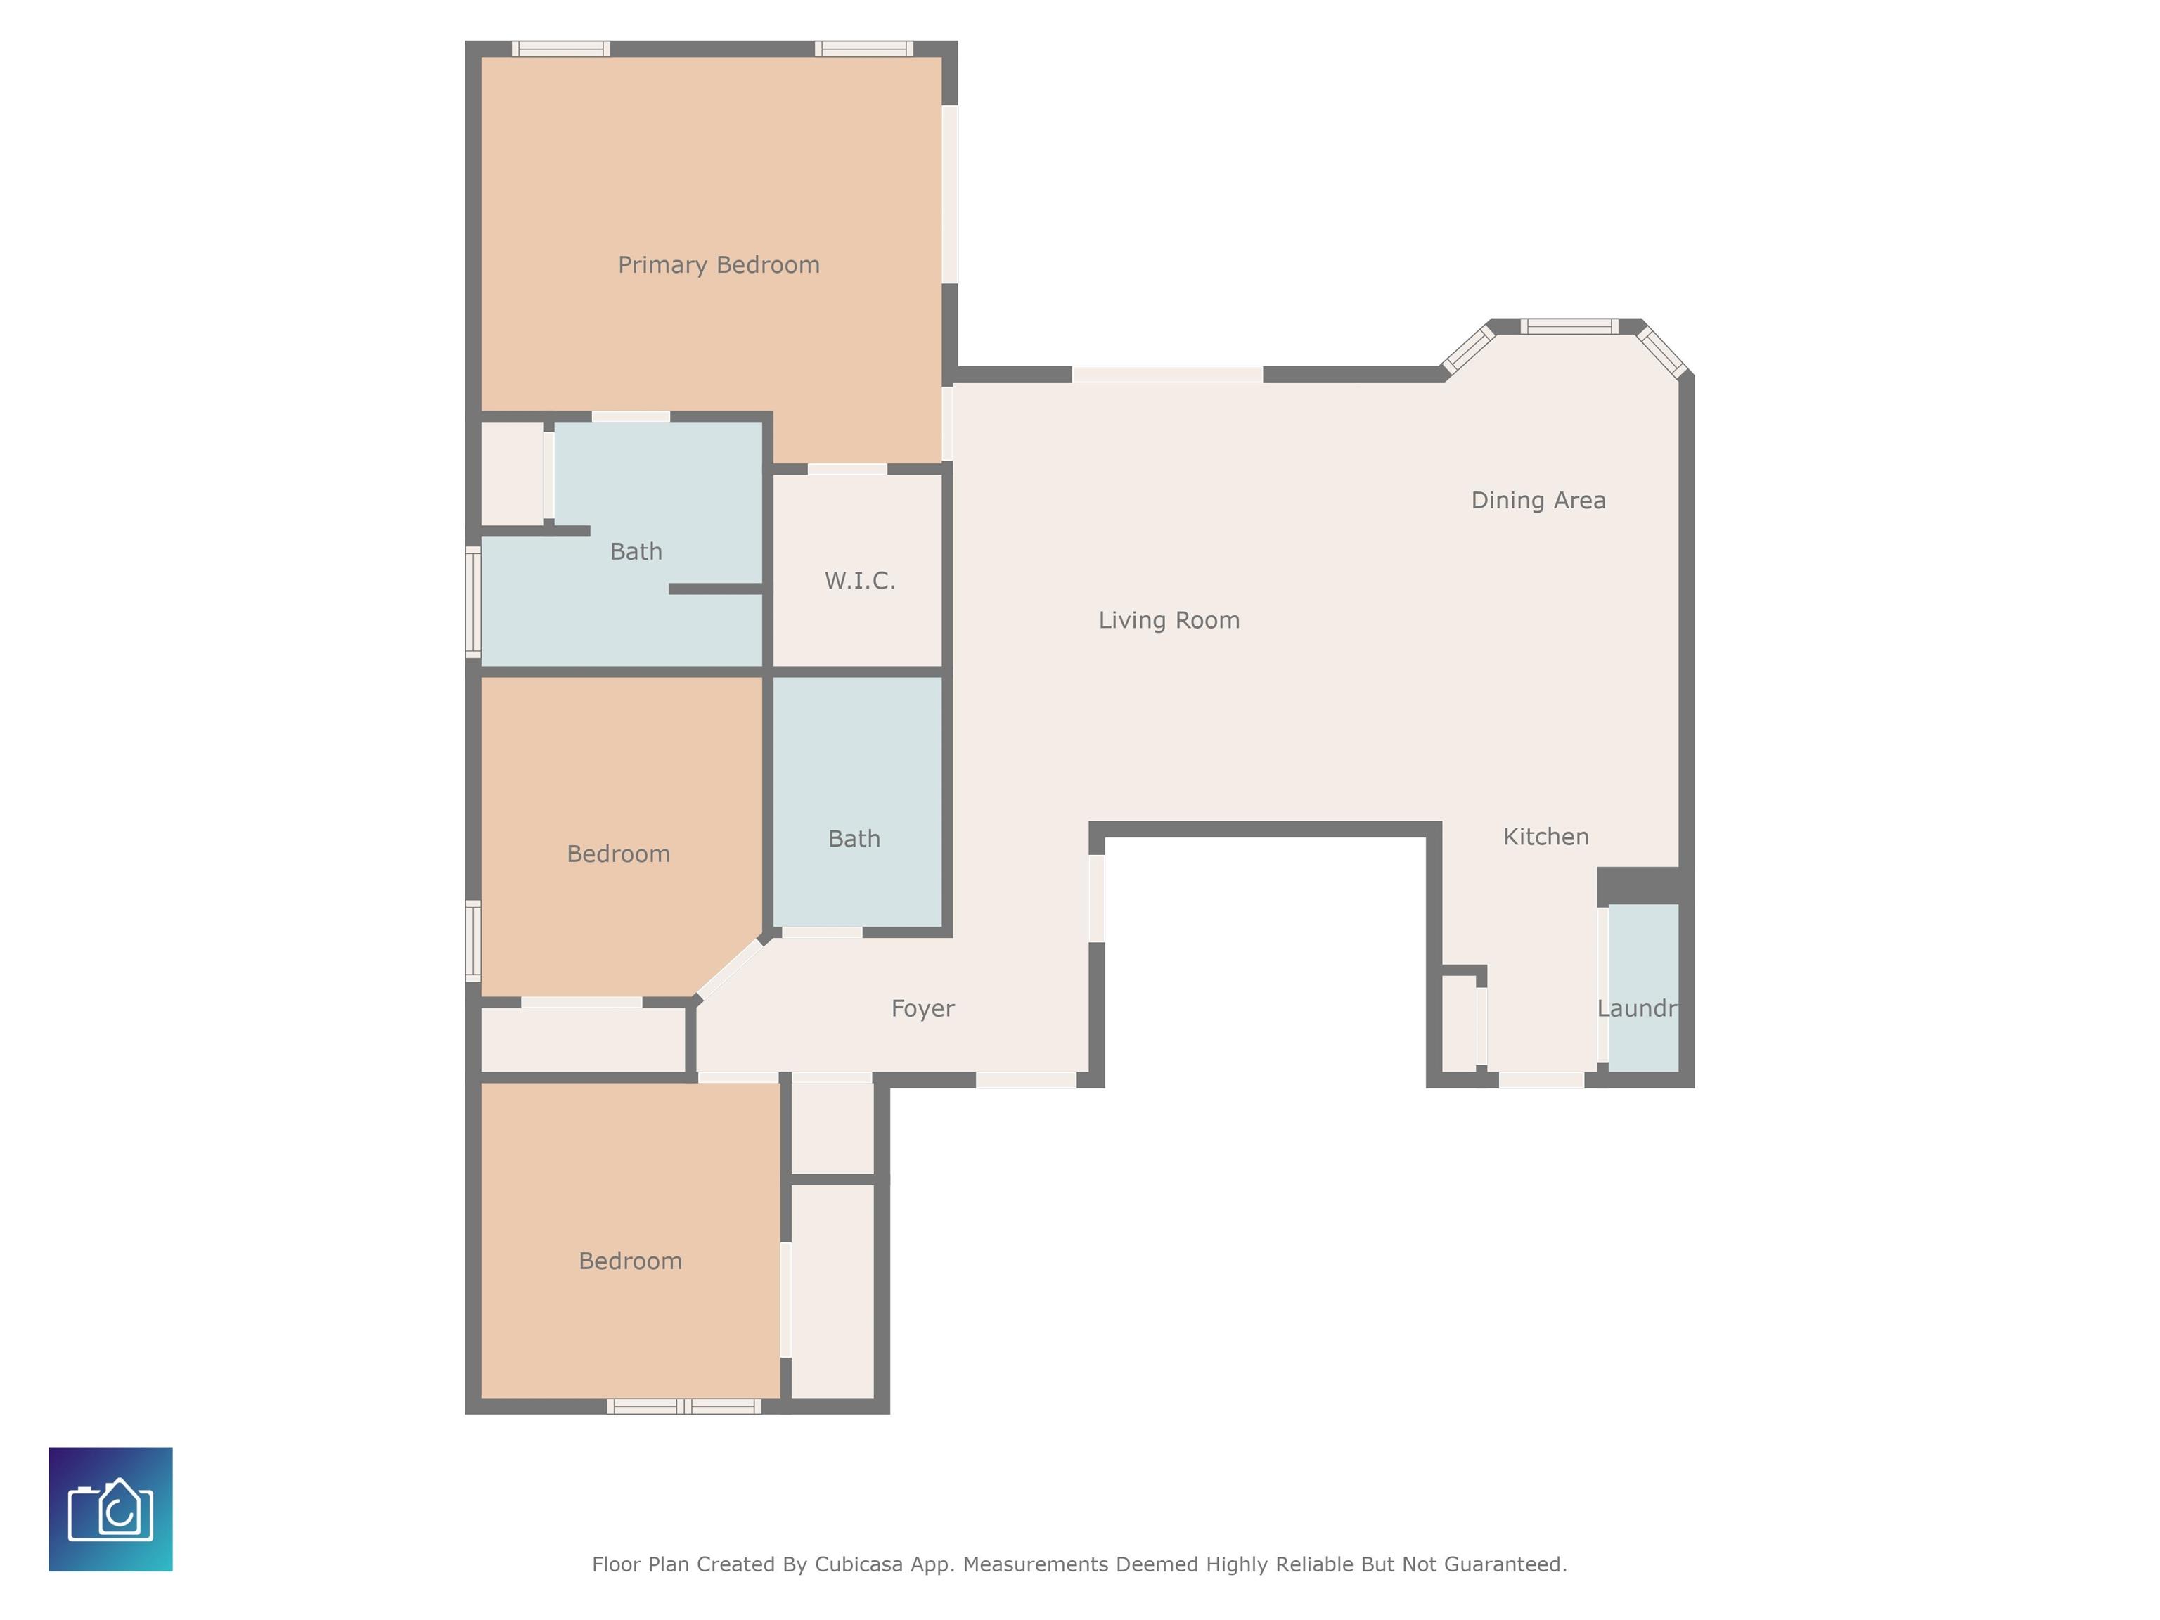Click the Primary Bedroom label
(x=719, y=264)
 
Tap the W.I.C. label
(x=859, y=581)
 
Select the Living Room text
(x=1169, y=620)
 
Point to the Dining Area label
(x=1538, y=500)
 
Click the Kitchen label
(x=1545, y=837)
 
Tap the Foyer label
(x=922, y=1009)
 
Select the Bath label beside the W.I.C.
(x=636, y=552)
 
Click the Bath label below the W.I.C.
(x=854, y=839)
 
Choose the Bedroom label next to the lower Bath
(x=618, y=854)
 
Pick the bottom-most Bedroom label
(x=630, y=1261)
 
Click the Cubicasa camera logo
(x=110, y=1509)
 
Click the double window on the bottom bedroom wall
(x=683, y=1407)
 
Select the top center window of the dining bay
(x=1568, y=327)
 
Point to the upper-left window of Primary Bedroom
(x=562, y=49)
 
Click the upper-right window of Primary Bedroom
(x=863, y=49)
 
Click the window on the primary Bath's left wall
(x=474, y=601)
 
